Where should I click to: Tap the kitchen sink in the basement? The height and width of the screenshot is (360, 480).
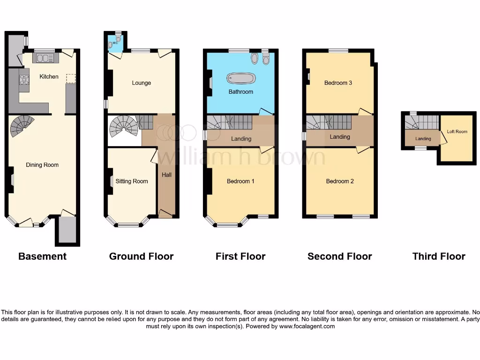46,58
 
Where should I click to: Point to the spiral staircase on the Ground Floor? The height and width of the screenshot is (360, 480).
123,126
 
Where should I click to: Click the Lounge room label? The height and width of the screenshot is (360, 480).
141,83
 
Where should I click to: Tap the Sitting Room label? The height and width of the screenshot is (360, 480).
132,181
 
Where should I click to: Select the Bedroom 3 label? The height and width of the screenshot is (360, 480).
338,83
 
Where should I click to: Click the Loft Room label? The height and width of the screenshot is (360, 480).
457,132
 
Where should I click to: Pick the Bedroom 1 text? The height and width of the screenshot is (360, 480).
240,181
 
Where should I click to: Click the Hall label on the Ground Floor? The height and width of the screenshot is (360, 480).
167,175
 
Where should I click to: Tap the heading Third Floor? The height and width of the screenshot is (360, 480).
439,256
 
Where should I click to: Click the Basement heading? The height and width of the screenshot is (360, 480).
42,256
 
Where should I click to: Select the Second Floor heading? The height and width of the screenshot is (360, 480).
339,256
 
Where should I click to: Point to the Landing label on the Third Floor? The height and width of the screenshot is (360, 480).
423,139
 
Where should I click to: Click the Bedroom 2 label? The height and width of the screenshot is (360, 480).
340,181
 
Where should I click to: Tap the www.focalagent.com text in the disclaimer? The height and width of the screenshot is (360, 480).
307,326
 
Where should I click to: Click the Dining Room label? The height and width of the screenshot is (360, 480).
42,165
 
